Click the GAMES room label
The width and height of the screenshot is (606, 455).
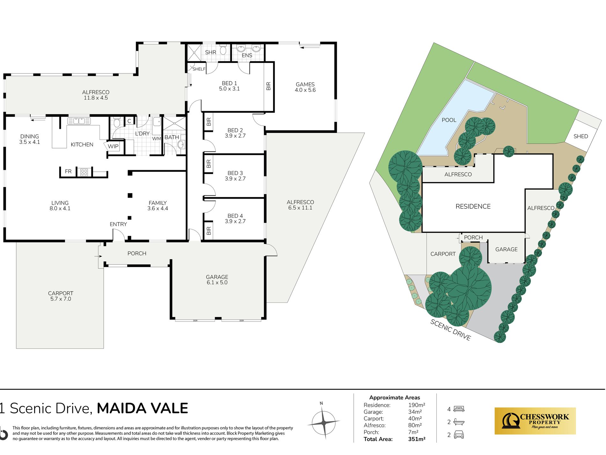click(x=305, y=85)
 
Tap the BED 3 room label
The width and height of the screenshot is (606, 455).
click(x=235, y=173)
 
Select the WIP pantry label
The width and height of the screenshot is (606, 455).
click(x=113, y=147)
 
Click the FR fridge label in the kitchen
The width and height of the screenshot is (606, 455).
click(x=68, y=171)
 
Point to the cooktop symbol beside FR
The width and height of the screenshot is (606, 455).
click(x=84, y=172)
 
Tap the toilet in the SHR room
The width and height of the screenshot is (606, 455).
click(x=223, y=50)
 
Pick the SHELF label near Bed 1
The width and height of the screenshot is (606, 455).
click(x=199, y=69)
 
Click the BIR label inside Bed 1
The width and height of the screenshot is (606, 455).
click(x=269, y=86)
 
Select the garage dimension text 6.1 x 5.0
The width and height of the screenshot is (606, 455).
click(x=217, y=283)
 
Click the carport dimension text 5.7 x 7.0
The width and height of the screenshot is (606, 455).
click(x=61, y=299)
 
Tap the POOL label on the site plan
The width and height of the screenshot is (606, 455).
click(x=449, y=120)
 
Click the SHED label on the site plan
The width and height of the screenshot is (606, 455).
click(x=580, y=136)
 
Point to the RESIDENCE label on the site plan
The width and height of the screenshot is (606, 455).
click(x=473, y=207)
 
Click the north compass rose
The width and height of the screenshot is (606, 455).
click(x=323, y=422)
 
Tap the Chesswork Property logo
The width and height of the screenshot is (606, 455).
click(x=535, y=421)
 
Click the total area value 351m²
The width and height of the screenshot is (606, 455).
click(x=417, y=439)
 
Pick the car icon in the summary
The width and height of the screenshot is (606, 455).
click(x=459, y=435)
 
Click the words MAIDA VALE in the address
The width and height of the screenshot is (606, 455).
click(x=143, y=408)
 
